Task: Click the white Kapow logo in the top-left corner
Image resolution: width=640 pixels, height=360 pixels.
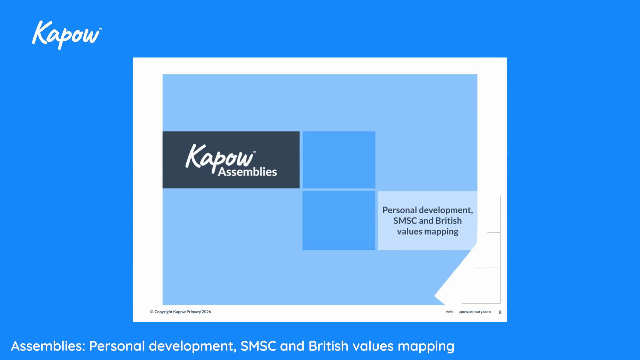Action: (66, 35)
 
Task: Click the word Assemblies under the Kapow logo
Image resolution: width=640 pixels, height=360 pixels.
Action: (247, 172)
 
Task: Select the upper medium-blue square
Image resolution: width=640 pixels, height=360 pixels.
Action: (339, 160)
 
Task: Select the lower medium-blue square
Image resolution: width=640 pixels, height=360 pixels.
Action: (339, 220)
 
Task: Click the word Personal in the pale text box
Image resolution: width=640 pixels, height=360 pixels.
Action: (399, 210)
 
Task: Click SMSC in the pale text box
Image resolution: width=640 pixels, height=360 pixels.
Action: (405, 221)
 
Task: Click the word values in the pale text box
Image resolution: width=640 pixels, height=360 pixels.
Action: (409, 231)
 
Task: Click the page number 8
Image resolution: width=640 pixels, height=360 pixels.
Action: (500, 312)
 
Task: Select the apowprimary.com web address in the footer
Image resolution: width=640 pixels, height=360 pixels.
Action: (474, 312)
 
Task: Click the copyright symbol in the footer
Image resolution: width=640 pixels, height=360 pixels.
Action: (151, 312)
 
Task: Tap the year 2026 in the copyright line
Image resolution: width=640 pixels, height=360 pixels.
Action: (206, 312)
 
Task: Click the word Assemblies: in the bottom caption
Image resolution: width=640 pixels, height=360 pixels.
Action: (48, 346)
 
